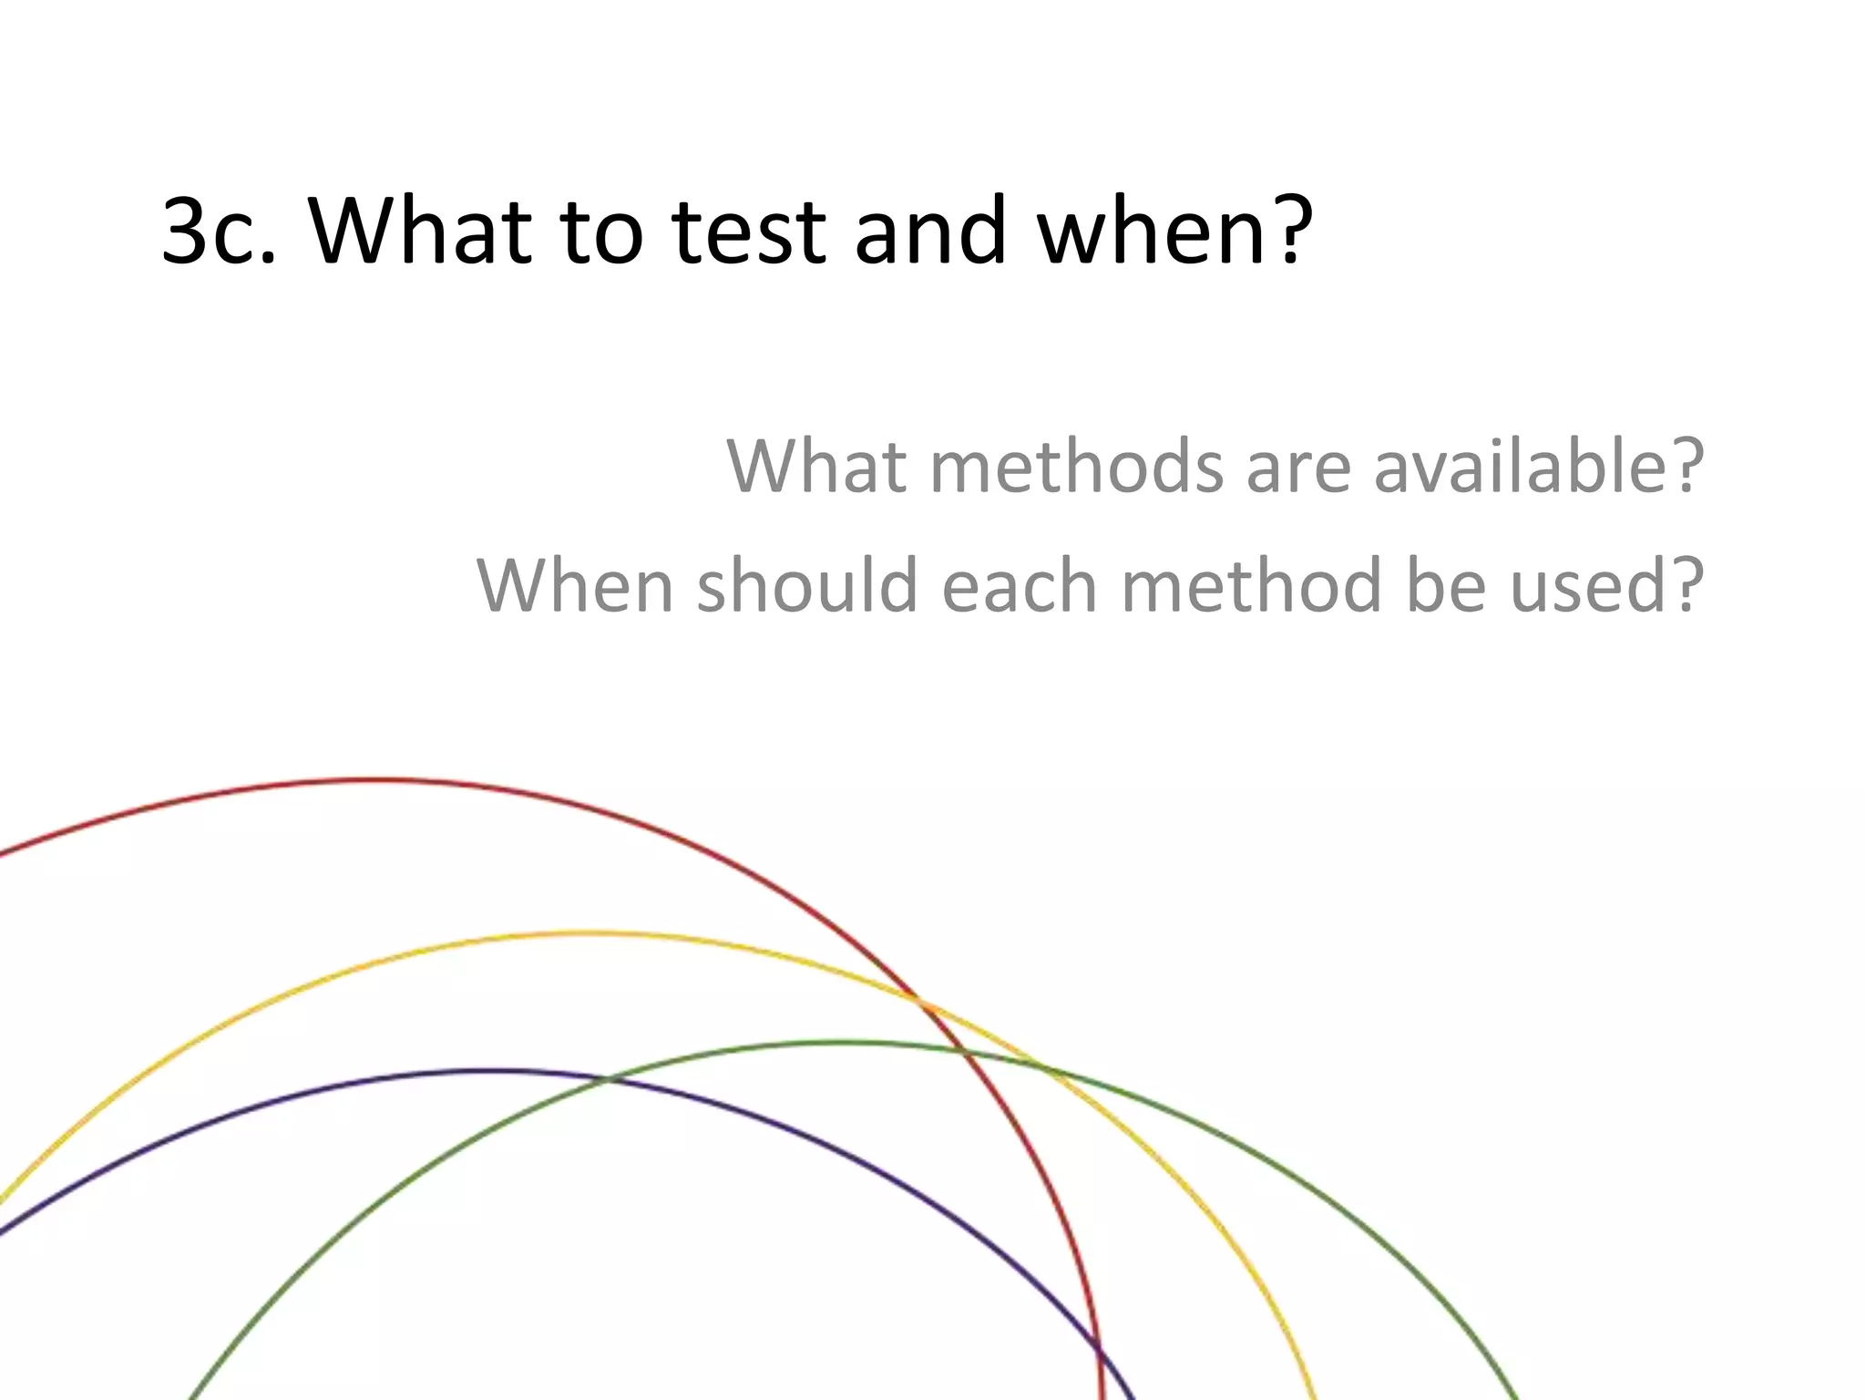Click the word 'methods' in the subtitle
[1076, 466]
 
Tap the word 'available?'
[1538, 466]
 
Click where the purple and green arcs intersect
[605, 1079]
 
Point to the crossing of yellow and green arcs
[1039, 1065]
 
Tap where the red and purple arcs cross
[1100, 1351]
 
